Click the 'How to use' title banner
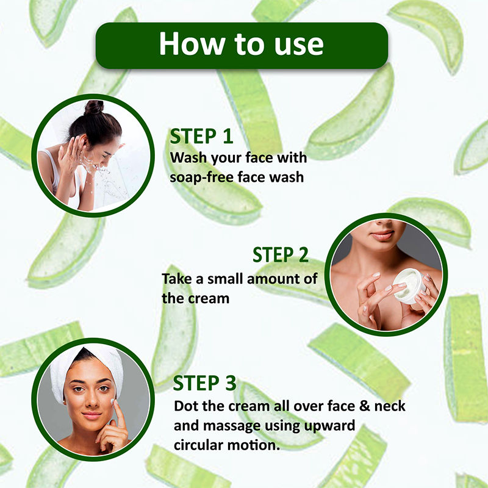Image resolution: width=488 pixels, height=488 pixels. [x=242, y=45]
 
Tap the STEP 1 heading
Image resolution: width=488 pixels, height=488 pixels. [x=201, y=136]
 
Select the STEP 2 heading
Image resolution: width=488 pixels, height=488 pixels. [x=281, y=255]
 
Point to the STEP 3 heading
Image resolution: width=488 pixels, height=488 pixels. [x=204, y=383]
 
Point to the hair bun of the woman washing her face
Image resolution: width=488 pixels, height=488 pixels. [x=94, y=107]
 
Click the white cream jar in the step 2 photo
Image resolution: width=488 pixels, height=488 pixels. [x=409, y=285]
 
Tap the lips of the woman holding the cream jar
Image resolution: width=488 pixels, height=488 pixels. [x=382, y=235]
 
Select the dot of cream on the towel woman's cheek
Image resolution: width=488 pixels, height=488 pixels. [x=112, y=402]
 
